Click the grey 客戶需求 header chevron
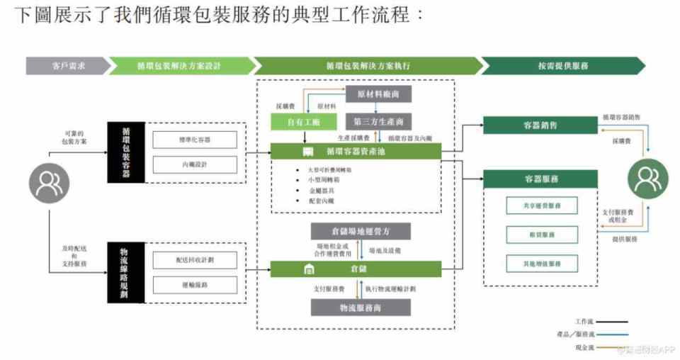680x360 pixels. tap(67, 66)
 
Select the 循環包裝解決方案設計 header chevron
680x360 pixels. tap(181, 66)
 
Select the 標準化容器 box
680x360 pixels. tap(195, 140)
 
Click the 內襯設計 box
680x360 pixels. tap(195, 164)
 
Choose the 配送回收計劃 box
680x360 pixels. tap(195, 259)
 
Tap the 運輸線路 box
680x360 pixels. tap(195, 284)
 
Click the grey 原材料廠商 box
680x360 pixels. tap(378, 94)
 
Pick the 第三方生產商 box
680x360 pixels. tap(378, 122)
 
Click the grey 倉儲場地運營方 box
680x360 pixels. tap(361, 232)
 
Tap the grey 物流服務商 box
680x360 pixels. tap(361, 308)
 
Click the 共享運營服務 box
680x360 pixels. tap(541, 206)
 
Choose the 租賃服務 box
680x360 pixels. tap(541, 235)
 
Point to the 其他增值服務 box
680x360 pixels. tap(541, 264)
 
